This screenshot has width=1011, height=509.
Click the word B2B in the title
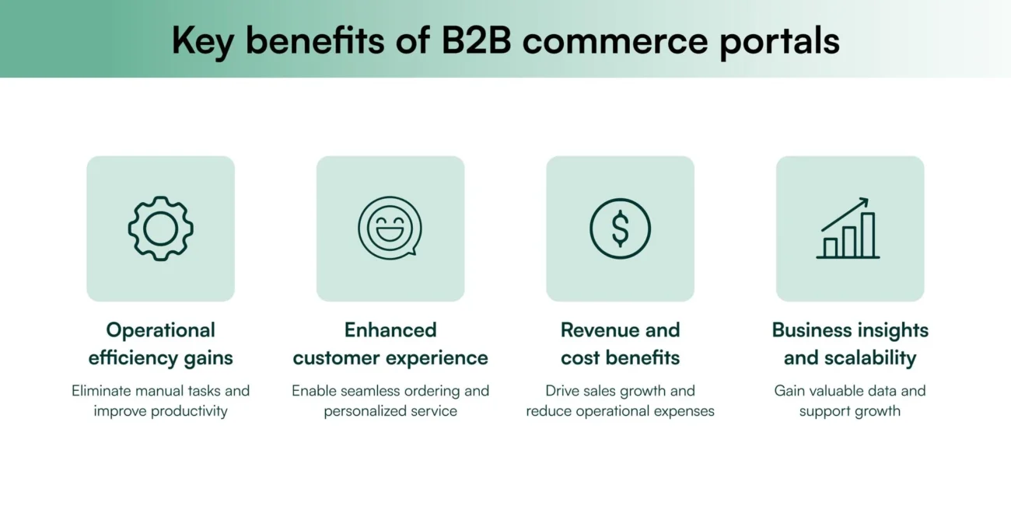click(477, 40)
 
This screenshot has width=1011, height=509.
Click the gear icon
click(160, 228)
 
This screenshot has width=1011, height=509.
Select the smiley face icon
click(390, 228)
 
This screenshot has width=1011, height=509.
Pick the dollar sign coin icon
click(620, 228)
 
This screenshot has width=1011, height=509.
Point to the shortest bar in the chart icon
click(830, 247)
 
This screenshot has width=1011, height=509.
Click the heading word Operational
click(160, 330)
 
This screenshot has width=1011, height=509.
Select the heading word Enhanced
click(390, 330)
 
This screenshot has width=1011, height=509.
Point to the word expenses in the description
click(683, 411)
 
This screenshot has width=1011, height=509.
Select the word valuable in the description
click(838, 391)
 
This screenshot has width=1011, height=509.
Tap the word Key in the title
click(201, 40)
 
